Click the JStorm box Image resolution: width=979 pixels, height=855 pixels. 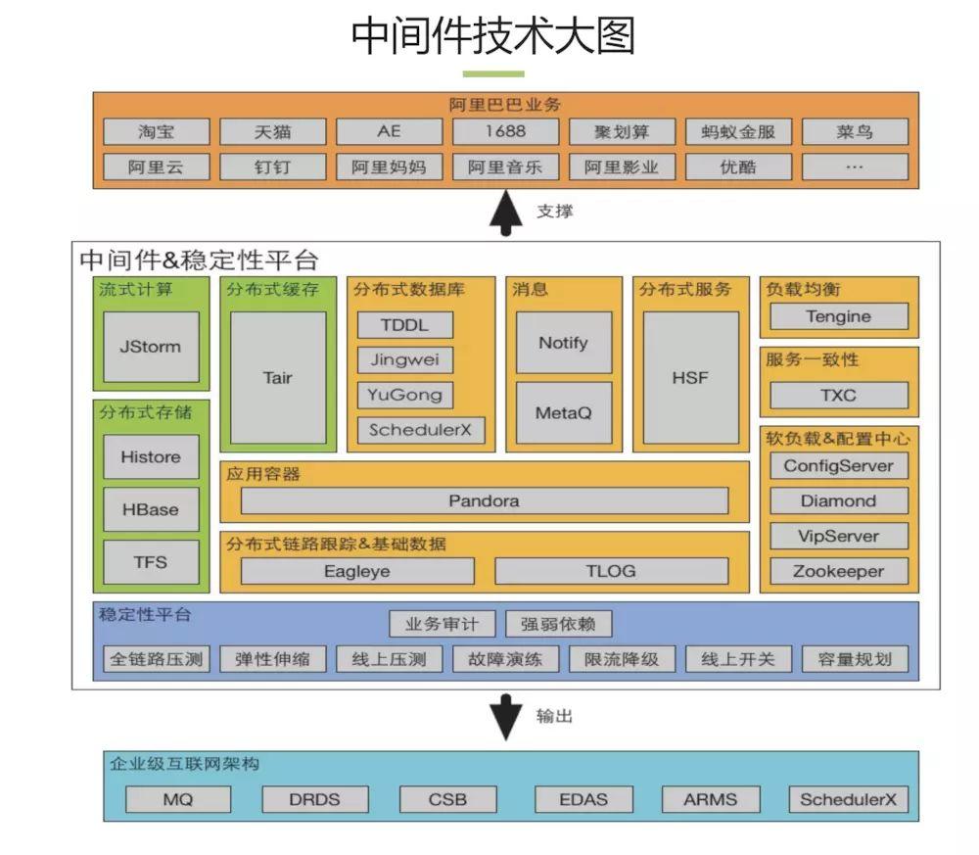click(x=151, y=347)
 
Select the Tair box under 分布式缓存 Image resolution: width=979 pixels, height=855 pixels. click(x=278, y=377)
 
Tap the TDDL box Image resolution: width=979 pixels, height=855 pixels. click(x=405, y=325)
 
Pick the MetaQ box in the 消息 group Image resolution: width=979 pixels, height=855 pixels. click(x=563, y=412)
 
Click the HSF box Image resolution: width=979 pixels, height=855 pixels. click(x=690, y=377)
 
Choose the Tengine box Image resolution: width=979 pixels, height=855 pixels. click(x=838, y=316)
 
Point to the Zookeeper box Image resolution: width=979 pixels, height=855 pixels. click(x=838, y=571)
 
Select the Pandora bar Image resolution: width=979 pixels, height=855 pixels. click(x=484, y=500)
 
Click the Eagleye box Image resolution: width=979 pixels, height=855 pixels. click(x=356, y=571)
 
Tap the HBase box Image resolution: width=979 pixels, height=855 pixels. click(x=151, y=509)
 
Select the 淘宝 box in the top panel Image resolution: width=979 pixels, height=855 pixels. click(x=156, y=131)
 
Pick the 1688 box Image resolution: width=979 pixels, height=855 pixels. click(x=504, y=131)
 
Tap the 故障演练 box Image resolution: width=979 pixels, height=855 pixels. click(x=505, y=659)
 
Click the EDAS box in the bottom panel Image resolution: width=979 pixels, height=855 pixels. click(x=583, y=799)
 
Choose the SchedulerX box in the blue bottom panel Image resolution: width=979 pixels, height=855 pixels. click(x=848, y=799)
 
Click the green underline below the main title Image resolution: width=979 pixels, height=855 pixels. click(x=493, y=73)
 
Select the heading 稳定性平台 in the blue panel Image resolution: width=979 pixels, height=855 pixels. click(x=145, y=615)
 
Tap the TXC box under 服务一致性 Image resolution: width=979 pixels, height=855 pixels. click(x=838, y=396)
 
